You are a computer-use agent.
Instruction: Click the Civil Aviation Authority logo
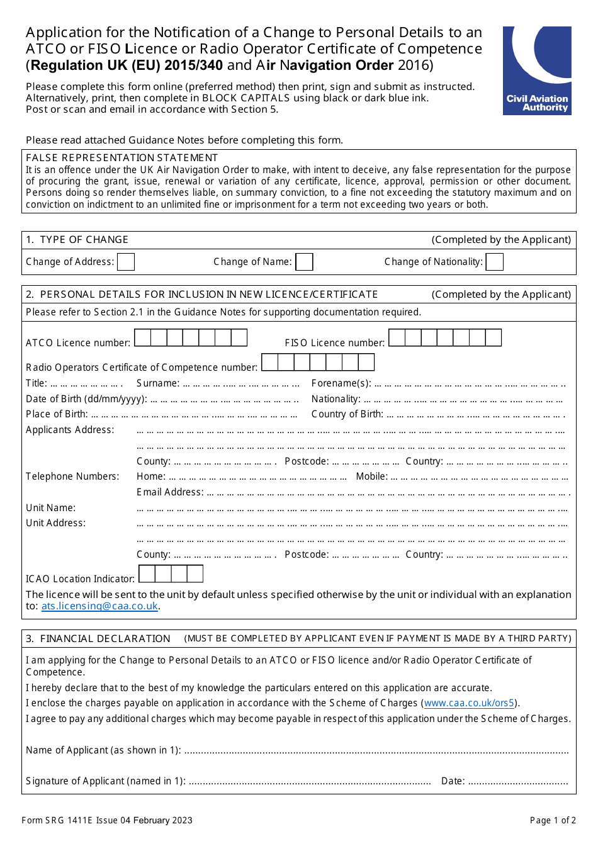coord(537,70)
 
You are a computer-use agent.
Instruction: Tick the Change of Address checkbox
coord(126,262)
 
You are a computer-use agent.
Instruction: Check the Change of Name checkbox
coord(304,262)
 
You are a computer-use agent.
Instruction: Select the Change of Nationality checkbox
coord(495,262)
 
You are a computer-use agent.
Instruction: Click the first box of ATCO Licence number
coord(142,338)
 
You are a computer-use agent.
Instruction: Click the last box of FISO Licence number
coord(494,338)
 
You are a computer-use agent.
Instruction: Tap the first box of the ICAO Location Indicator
coord(147,574)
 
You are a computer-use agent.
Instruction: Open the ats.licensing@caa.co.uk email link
coord(99,606)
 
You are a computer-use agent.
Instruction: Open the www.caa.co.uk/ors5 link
coord(470,703)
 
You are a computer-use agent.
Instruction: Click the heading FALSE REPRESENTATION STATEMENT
coord(121,157)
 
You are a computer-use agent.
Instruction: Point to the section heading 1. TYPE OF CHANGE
coord(77,240)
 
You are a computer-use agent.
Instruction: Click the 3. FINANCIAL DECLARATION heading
coord(98,639)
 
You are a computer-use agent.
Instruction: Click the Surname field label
coord(157,383)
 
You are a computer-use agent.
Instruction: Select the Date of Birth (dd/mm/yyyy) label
coord(86,399)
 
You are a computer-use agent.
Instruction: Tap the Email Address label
coord(170,492)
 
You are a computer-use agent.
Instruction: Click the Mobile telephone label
coord(371,477)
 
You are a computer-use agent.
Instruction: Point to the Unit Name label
coord(50,508)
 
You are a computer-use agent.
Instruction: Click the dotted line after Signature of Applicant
coord(309,782)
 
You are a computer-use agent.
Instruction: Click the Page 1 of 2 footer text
coord(553,820)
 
